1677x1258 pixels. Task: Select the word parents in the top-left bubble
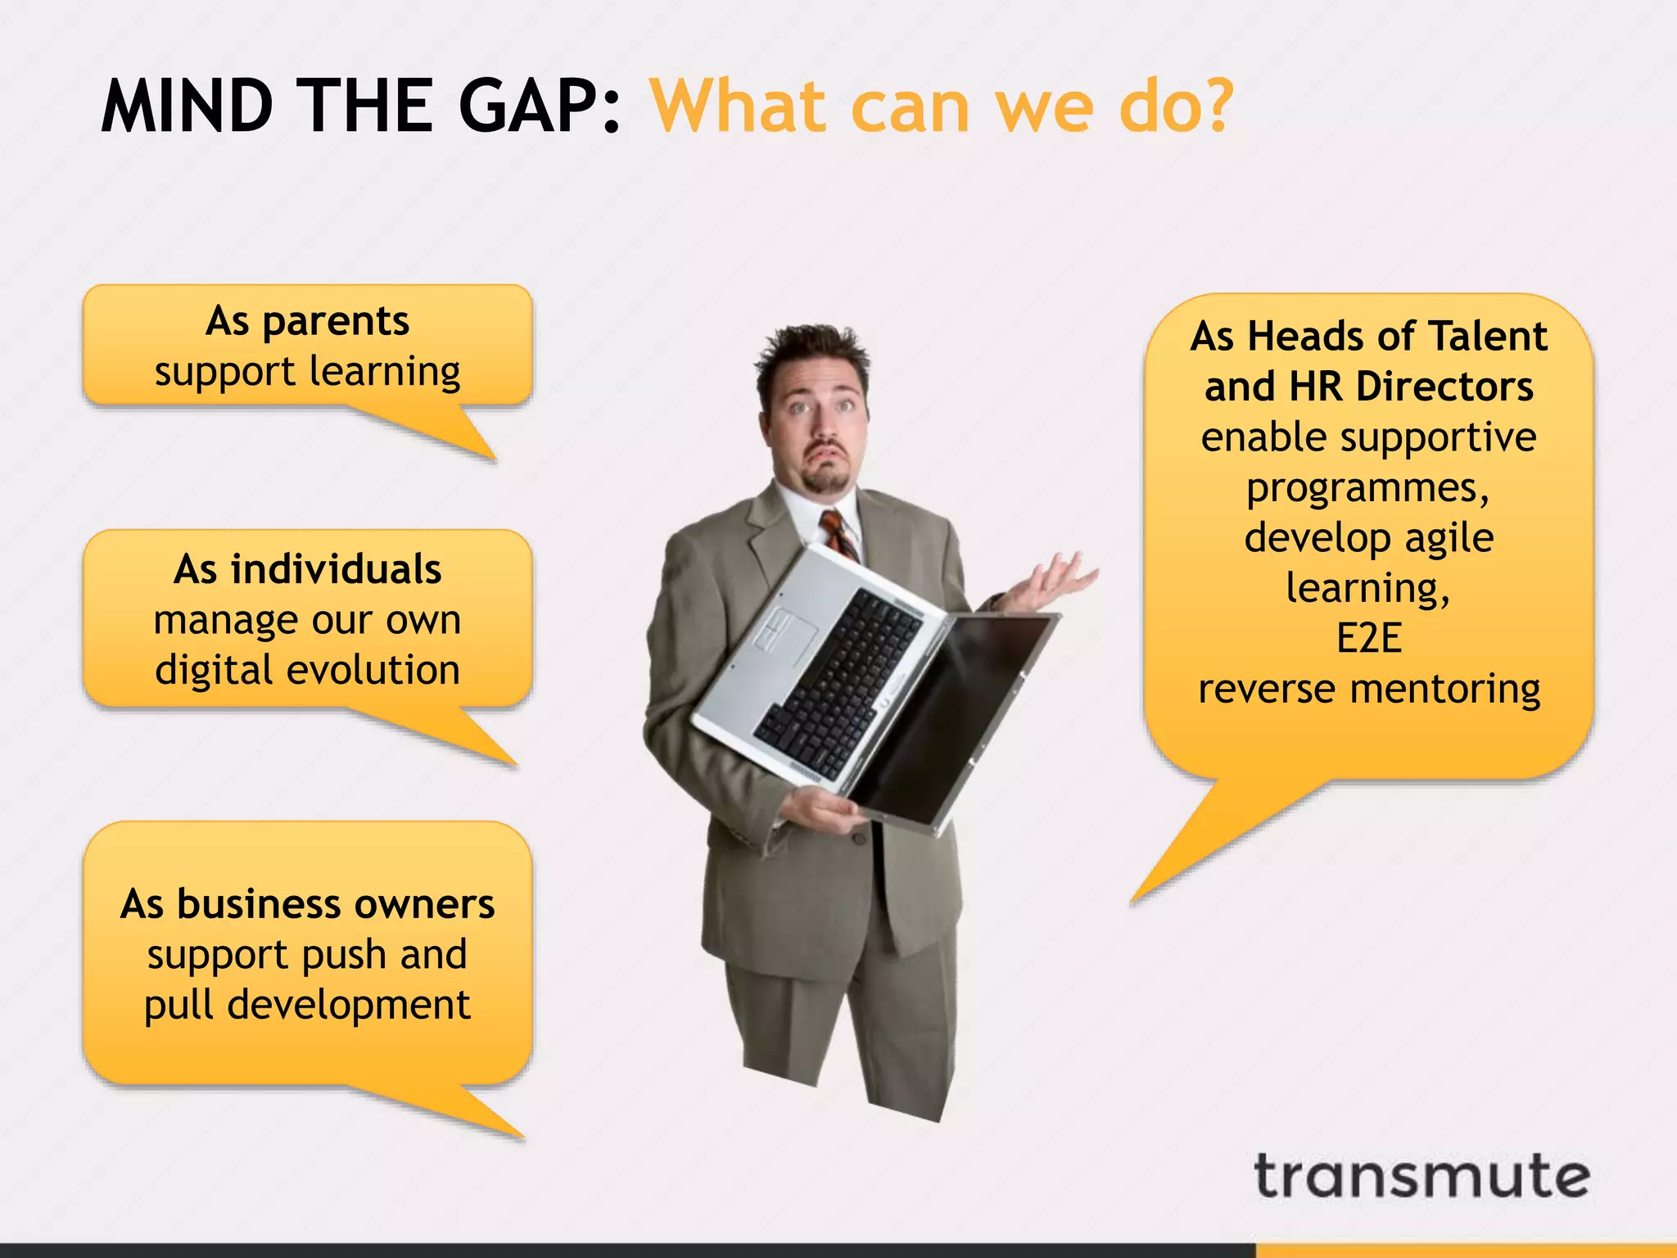pos(335,322)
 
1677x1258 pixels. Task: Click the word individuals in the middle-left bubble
pos(336,569)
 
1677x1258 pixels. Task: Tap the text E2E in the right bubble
pos(1368,638)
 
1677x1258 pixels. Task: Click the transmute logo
pos(1421,1177)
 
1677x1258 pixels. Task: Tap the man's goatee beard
pos(825,478)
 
